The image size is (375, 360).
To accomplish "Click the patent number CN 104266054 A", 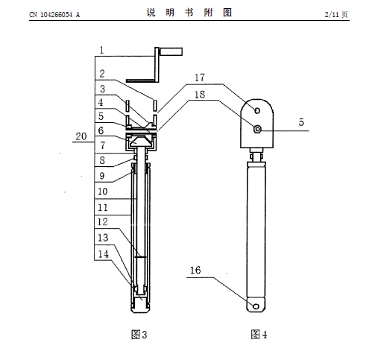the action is (x=54, y=15).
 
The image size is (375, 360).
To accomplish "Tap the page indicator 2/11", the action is (x=332, y=14).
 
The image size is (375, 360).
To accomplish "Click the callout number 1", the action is (x=101, y=51).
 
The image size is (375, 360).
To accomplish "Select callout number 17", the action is (x=200, y=78).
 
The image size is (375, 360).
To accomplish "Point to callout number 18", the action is (x=200, y=95).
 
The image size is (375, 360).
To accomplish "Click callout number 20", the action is (x=81, y=136).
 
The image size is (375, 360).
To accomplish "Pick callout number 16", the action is (x=195, y=271).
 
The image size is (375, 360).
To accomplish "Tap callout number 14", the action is (x=104, y=254).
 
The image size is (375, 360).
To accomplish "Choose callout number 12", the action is (x=102, y=221).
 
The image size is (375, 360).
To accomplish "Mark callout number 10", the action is (x=102, y=192).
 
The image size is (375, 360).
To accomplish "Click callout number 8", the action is (x=102, y=160).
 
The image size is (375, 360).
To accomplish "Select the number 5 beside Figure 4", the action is (x=301, y=122).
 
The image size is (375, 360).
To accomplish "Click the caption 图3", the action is (x=139, y=335).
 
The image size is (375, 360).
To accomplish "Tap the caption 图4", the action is (x=259, y=335).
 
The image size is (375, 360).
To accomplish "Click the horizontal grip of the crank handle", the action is (x=171, y=51).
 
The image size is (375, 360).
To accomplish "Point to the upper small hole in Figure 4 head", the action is (x=257, y=110).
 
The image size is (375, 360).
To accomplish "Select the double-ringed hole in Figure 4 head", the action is (x=257, y=129).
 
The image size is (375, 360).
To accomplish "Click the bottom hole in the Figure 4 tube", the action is (x=256, y=306).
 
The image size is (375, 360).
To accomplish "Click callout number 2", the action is (x=102, y=74).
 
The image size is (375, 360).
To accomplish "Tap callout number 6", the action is (x=101, y=130).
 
